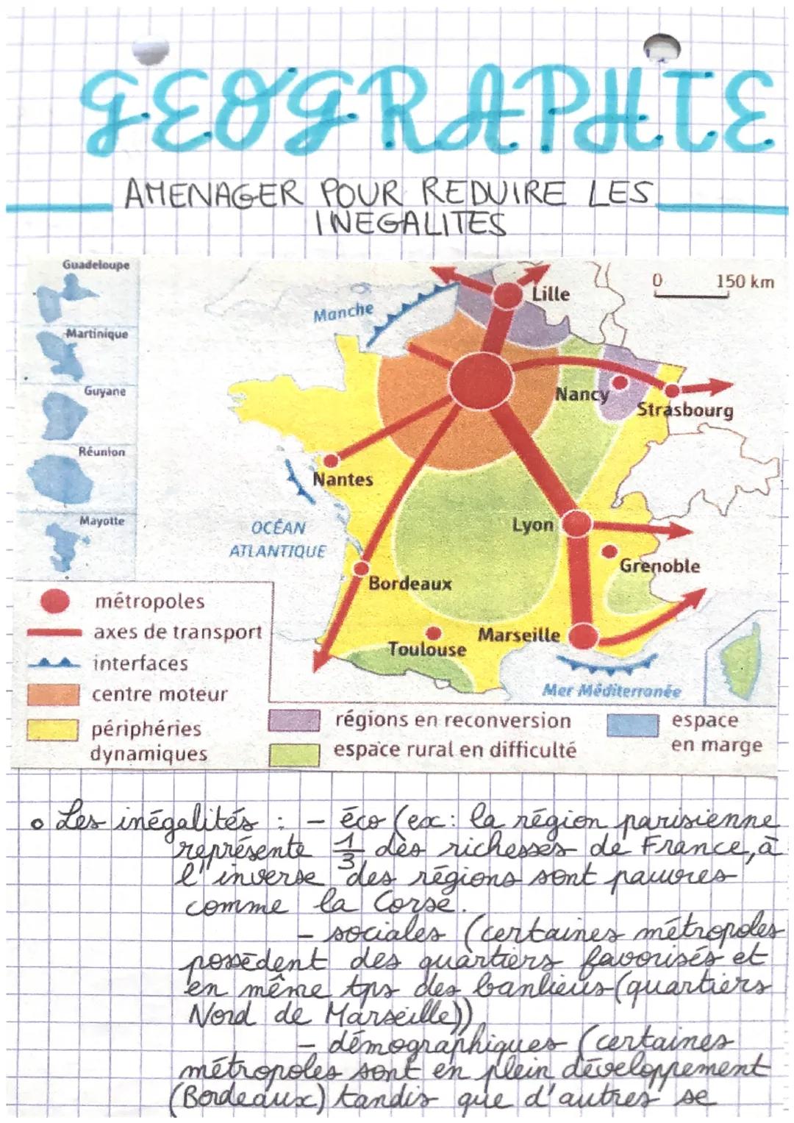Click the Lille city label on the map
[551, 293]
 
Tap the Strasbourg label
[684, 410]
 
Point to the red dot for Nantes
[331, 460]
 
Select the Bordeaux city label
[409, 584]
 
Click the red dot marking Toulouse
[434, 632]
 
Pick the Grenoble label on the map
[659, 566]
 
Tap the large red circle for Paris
[481, 380]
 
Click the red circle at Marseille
[582, 635]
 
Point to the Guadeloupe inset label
[96, 265]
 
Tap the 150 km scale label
[745, 282]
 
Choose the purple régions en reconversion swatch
[293, 721]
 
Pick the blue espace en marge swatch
[632, 724]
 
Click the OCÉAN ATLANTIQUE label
[277, 539]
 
